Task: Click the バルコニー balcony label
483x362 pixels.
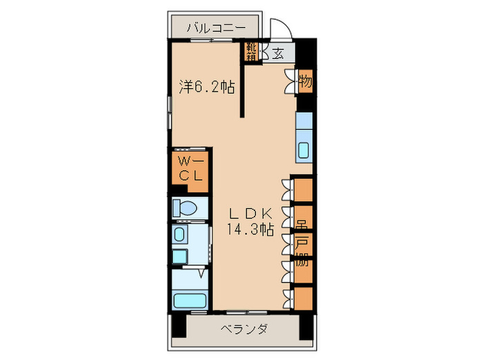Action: click(x=217, y=28)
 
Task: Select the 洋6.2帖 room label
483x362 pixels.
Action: click(x=206, y=88)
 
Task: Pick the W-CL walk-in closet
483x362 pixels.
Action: click(x=190, y=168)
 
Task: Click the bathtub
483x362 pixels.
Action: click(x=191, y=301)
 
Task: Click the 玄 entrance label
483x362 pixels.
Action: click(x=277, y=54)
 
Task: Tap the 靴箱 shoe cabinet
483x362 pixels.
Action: click(x=253, y=52)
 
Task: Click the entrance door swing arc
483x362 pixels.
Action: click(x=279, y=30)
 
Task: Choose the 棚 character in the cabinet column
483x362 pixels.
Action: click(x=302, y=261)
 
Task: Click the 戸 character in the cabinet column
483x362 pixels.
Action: click(x=302, y=243)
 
